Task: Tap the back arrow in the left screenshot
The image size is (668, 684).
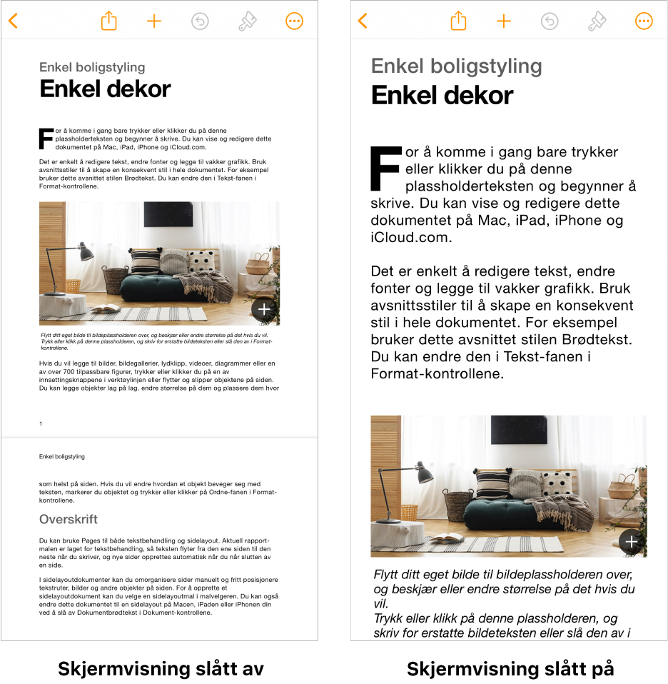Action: coord(13,21)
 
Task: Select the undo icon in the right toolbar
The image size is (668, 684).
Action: coord(549,21)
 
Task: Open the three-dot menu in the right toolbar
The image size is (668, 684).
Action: coord(644,21)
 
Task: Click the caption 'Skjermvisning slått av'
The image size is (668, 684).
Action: coord(161,669)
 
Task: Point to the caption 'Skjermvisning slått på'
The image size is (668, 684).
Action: coord(510,669)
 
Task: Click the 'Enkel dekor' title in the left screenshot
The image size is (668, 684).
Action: coord(105,89)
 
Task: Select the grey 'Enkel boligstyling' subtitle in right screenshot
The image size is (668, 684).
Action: coord(456,66)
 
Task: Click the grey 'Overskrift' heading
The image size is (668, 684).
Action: coord(69,519)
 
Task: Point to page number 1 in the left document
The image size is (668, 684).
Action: coord(41,424)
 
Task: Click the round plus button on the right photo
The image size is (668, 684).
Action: coord(632,542)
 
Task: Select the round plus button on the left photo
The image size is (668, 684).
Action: coord(264,309)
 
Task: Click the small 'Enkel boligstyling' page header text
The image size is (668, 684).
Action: coord(62,456)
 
